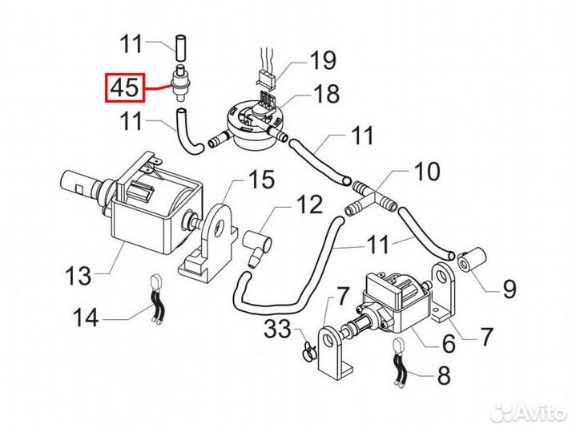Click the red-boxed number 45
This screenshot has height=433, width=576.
[x=125, y=88]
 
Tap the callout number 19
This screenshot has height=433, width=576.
[x=324, y=60]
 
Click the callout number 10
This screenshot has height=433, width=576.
[x=427, y=172]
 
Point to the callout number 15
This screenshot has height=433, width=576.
[x=261, y=179]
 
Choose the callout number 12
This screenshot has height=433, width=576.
[x=309, y=204]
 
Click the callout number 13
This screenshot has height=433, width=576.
[x=79, y=276]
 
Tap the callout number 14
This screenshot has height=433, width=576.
[x=86, y=318]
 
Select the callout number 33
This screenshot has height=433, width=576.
[x=278, y=329]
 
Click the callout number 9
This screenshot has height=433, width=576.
[x=510, y=289]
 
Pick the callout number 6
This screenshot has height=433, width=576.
[x=449, y=344]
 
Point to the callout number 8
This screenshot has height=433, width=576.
[x=444, y=375]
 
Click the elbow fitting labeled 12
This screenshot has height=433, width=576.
[x=258, y=245]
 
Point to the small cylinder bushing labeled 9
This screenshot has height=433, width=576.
[x=472, y=259]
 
